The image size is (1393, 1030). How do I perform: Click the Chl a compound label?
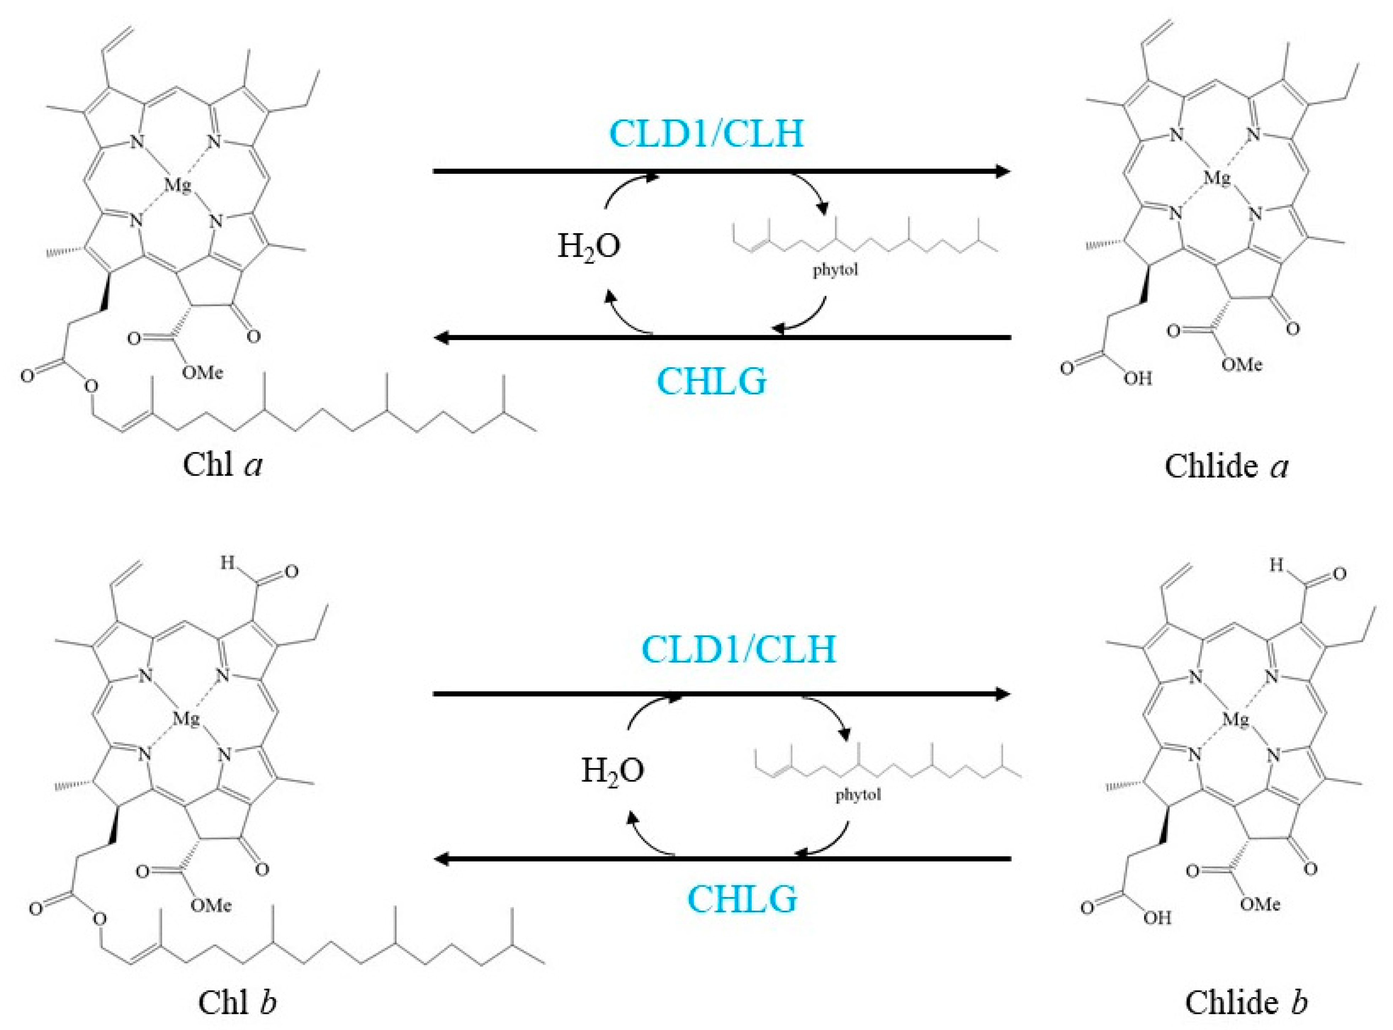pos(223,465)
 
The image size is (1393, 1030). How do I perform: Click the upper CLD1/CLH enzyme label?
pos(707,133)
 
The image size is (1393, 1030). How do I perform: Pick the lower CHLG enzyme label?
pos(742,898)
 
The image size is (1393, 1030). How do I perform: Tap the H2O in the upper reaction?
pos(589,246)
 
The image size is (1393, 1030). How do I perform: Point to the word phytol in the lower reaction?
pos(859,795)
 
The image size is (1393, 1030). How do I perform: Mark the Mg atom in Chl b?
pos(186,719)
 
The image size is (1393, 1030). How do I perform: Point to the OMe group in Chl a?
pos(202,373)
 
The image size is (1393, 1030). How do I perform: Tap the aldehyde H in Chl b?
pos(227,563)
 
